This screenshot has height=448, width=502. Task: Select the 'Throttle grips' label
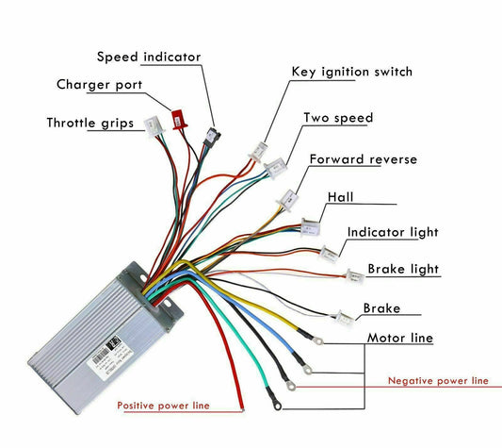coord(90,123)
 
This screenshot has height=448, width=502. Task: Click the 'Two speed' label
coord(338,118)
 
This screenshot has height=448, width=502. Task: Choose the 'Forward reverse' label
coord(363,159)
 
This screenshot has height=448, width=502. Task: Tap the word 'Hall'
coord(340,197)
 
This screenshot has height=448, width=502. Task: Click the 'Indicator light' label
coord(393,232)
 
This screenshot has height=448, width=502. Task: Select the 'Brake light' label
coord(403,270)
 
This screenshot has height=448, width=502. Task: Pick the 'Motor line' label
coord(400,338)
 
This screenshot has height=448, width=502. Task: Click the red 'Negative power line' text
coord(438,381)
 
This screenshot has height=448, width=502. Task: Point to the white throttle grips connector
coord(154,124)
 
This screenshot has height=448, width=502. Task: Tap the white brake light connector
coord(355,277)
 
